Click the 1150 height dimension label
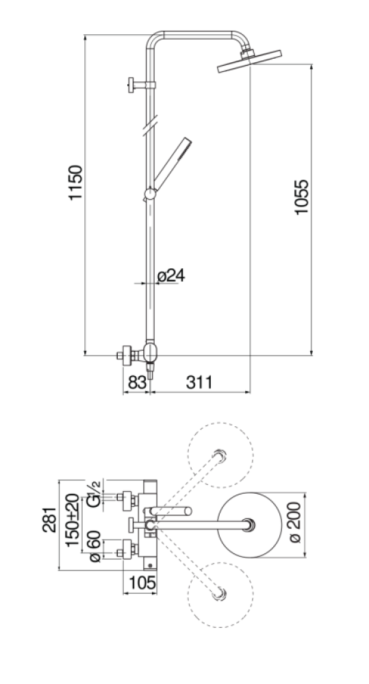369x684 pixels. pyautogui.click(x=75, y=183)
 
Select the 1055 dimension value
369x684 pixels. pyautogui.click(x=301, y=197)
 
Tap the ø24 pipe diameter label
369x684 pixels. pyautogui.click(x=170, y=276)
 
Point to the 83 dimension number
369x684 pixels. pyautogui.click(x=137, y=382)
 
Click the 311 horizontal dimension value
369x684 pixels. pyautogui.click(x=199, y=382)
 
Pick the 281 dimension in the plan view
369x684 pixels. pyautogui.click(x=49, y=520)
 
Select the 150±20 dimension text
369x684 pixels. pyautogui.click(x=73, y=520)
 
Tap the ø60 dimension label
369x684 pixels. pyautogui.click(x=94, y=546)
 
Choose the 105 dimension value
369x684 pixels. pyautogui.click(x=142, y=583)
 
